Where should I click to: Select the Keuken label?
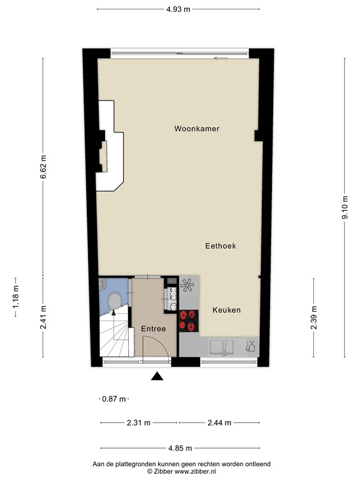226,310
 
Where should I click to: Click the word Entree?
153,329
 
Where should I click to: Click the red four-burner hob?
187,320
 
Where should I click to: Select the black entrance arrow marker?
157,376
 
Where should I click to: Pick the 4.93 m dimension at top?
179,9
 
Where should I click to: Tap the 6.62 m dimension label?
43,167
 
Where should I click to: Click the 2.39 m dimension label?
314,316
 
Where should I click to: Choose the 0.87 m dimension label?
113,399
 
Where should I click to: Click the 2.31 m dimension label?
137,422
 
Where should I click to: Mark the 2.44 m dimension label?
219,422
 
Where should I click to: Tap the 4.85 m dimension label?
179,447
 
